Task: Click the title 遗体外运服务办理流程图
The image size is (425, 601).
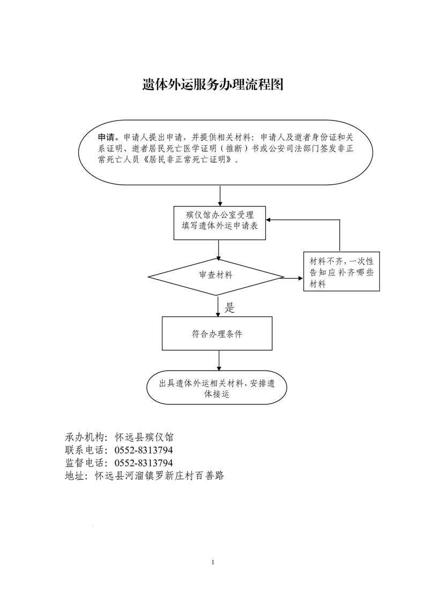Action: pos(212,84)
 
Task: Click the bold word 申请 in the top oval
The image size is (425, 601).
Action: pos(106,137)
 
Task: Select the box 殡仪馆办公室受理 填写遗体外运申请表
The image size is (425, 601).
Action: pos(219,223)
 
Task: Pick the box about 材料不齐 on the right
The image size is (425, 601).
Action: pos(341,272)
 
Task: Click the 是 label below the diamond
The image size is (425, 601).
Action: pos(229,307)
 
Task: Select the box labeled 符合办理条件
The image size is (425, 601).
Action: pos(217,334)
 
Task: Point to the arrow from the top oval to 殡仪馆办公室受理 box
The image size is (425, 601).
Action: pos(220,196)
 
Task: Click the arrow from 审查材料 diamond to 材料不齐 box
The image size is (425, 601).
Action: pos(294,278)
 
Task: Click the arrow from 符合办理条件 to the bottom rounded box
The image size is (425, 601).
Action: pos(219,360)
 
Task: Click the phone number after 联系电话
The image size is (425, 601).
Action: pos(144,449)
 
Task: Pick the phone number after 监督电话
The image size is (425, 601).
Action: pos(144,463)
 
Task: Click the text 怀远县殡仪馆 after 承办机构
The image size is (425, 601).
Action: pos(144,437)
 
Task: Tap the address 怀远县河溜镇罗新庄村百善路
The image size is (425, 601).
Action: pos(160,476)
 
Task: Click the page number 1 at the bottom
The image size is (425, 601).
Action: pos(213,562)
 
